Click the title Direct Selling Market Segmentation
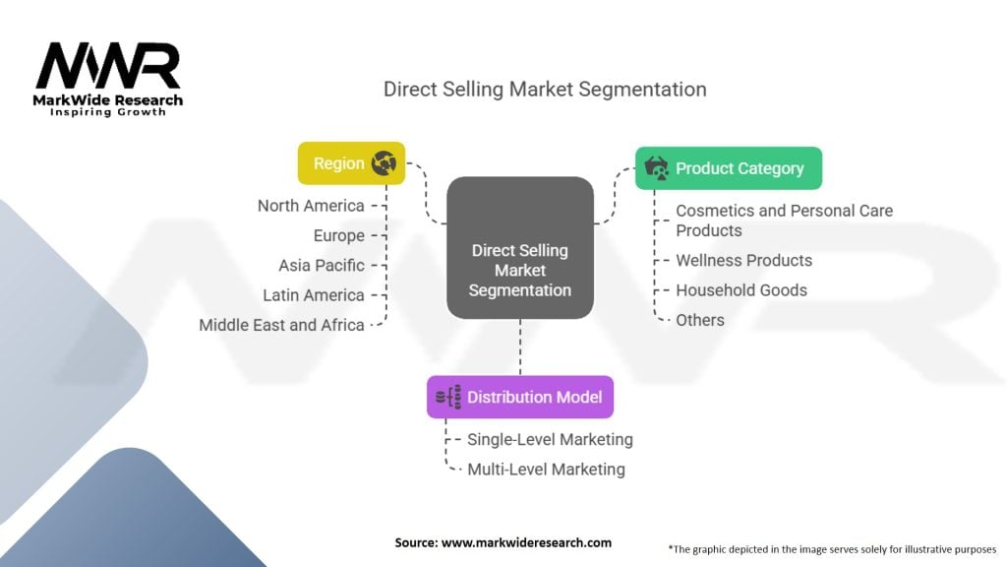click(545, 89)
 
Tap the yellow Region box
click(351, 163)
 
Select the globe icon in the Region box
click(384, 163)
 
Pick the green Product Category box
click(728, 168)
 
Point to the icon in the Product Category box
click(656, 168)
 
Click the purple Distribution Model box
click(519, 397)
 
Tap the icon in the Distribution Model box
click(448, 397)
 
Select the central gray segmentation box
click(519, 248)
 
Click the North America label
click(311, 206)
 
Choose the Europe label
click(338, 235)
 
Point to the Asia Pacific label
click(322, 265)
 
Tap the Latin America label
click(314, 294)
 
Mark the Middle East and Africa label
click(281, 324)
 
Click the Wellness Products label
click(743, 260)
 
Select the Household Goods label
click(740, 289)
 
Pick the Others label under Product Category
click(699, 319)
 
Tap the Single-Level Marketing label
click(550, 439)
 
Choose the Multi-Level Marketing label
click(546, 469)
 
